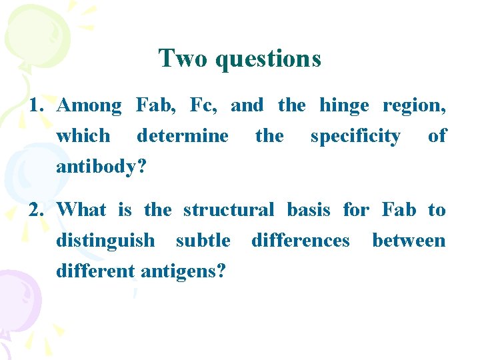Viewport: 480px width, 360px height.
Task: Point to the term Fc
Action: tap(203, 105)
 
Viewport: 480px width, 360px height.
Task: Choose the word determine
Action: tap(182, 136)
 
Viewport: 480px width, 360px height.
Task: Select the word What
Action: tap(81, 210)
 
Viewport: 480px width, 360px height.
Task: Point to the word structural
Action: tap(228, 210)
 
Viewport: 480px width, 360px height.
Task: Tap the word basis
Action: tap(308, 210)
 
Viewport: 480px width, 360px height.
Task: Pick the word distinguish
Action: tap(105, 241)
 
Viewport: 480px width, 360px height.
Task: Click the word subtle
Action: tap(203, 240)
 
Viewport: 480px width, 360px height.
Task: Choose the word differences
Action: tap(300, 240)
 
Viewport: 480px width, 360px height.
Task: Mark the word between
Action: tap(409, 240)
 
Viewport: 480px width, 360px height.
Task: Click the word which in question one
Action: tap(83, 136)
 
